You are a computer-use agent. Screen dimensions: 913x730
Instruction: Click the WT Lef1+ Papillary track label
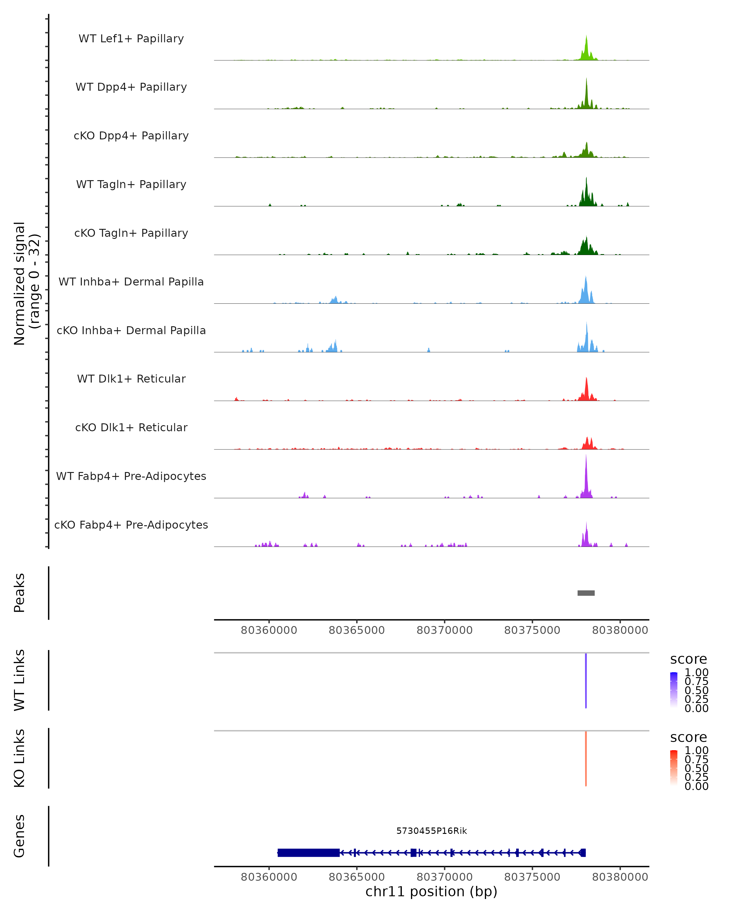coord(131,39)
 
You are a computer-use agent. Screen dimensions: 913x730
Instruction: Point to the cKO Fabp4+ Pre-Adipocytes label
coord(131,525)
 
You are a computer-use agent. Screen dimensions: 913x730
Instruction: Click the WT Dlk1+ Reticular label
coord(131,379)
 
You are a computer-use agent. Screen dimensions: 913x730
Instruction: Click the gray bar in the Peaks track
coord(586,593)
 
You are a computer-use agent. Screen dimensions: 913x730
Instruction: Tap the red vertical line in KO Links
coord(586,758)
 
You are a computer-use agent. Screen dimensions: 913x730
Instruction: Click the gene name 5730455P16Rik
coord(431,831)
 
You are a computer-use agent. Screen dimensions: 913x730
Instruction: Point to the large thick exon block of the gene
coord(308,852)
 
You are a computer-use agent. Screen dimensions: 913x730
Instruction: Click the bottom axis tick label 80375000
coord(532,877)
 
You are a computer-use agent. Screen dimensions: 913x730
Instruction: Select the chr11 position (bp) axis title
coord(431,891)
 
